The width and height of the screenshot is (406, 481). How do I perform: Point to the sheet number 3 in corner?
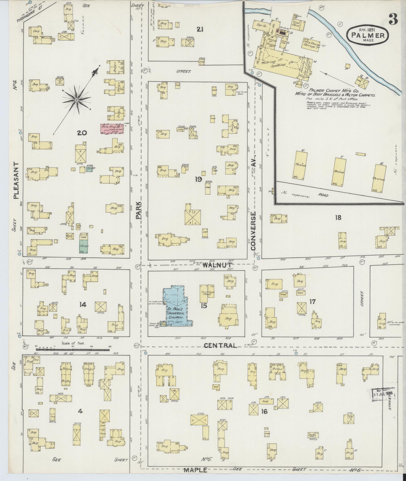click(x=393, y=19)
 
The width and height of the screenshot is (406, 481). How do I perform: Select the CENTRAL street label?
click(x=220, y=345)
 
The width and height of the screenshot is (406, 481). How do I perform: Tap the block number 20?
click(x=82, y=133)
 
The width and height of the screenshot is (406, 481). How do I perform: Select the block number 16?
click(x=264, y=411)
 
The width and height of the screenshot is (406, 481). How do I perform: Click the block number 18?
click(x=338, y=217)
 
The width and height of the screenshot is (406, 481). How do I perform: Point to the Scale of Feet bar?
click(x=73, y=349)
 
